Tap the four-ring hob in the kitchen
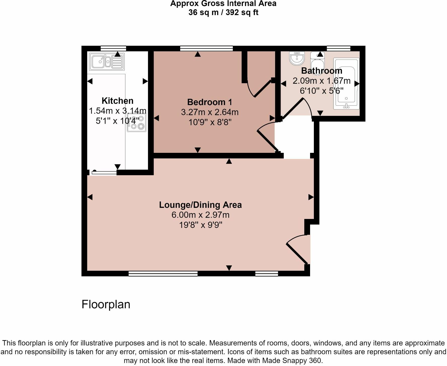point(137,123)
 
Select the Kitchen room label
point(117,101)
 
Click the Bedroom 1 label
point(210,102)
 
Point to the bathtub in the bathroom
point(346,84)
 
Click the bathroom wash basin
point(297,58)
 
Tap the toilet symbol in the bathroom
point(317,63)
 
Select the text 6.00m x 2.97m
point(200,215)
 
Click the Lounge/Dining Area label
point(200,205)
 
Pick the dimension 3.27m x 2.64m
point(210,112)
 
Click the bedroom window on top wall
point(206,48)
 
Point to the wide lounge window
point(163,273)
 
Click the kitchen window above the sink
point(113,48)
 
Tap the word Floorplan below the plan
point(106,304)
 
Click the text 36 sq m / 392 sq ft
point(223,12)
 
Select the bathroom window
point(338,48)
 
